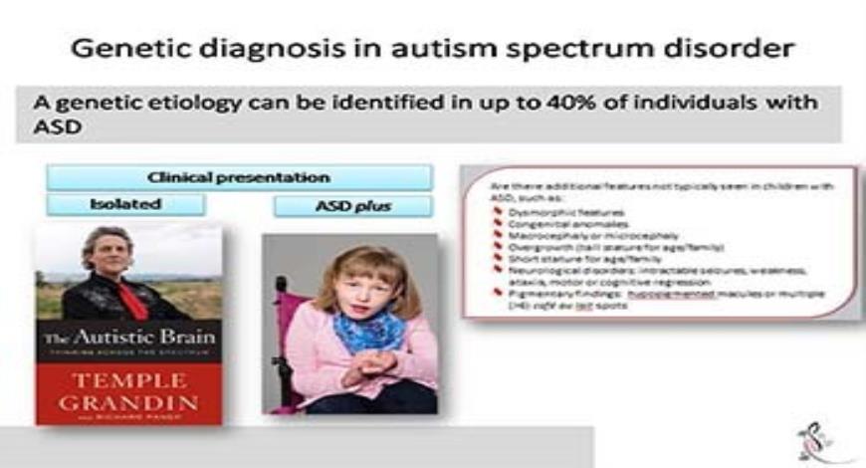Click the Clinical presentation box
(239, 178)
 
